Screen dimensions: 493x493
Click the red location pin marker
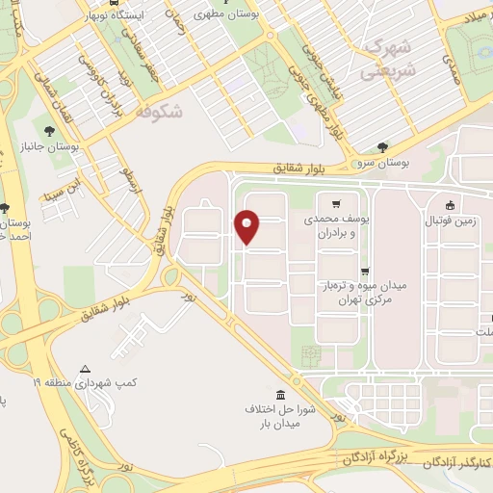[247, 226]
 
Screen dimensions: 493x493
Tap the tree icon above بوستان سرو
[383, 147]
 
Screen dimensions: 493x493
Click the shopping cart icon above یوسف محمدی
[335, 204]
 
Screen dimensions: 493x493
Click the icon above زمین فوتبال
[450, 204]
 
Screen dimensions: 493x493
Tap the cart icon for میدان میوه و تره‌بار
[364, 272]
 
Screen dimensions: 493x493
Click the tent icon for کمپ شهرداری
[86, 369]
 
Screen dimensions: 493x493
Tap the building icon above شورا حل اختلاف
[280, 396]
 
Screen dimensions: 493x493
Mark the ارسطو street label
[131, 177]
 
